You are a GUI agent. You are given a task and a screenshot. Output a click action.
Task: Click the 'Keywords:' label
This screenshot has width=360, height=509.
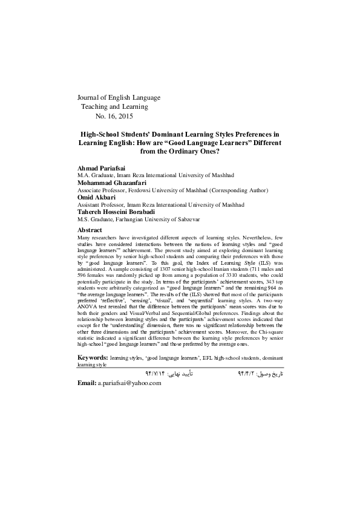click(x=93, y=358)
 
